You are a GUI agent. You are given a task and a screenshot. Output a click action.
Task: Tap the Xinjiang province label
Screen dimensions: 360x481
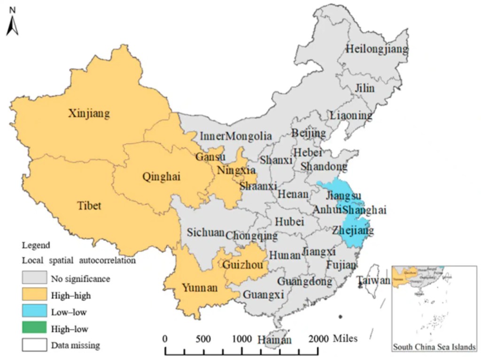(89, 113)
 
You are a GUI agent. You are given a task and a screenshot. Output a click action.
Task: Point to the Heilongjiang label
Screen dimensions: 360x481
(377, 49)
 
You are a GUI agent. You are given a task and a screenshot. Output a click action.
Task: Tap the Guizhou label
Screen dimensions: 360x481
(242, 264)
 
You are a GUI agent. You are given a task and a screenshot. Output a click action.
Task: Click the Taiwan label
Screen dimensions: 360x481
(373, 281)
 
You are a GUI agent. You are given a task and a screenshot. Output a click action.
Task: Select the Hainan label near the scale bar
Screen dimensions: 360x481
(274, 339)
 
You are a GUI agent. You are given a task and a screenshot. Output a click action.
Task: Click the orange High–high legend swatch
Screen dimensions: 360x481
(34, 295)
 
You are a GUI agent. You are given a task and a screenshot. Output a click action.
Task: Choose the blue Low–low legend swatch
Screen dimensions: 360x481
(34, 312)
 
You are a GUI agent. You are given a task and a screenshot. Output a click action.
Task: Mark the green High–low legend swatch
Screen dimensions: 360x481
(34, 329)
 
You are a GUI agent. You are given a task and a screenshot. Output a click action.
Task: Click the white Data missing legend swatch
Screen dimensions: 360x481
(34, 345)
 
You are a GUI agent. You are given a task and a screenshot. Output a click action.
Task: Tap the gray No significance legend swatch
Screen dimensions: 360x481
(34, 278)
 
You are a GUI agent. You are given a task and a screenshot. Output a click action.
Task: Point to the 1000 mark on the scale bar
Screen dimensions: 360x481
(241, 339)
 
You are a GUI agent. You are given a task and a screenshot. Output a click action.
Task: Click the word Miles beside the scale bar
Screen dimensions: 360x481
(345, 338)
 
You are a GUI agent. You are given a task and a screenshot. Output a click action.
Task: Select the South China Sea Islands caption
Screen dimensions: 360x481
(434, 347)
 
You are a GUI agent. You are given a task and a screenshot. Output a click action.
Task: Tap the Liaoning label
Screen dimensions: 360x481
(351, 115)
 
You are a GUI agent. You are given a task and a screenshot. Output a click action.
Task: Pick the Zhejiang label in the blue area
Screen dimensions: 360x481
(353, 230)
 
